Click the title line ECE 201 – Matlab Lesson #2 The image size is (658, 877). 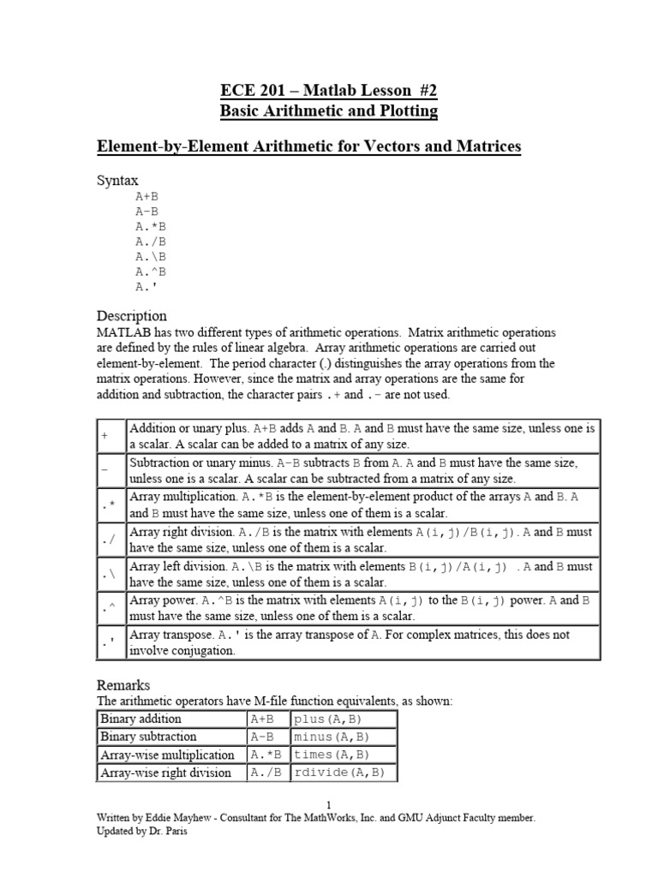[328, 91]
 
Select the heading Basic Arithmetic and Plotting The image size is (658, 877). [328, 111]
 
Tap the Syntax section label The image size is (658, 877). [117, 181]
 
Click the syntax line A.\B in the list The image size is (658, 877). [150, 255]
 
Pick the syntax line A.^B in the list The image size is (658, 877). [150, 271]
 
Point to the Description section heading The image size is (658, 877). [131, 315]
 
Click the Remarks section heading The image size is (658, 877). [123, 685]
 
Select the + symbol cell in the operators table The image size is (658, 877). [105, 435]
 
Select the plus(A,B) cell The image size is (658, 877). [343, 719]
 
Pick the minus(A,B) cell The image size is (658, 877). [343, 737]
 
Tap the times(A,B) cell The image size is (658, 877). [343, 755]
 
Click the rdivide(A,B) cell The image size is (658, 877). [343, 773]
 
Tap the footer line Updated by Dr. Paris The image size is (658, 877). [141, 832]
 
